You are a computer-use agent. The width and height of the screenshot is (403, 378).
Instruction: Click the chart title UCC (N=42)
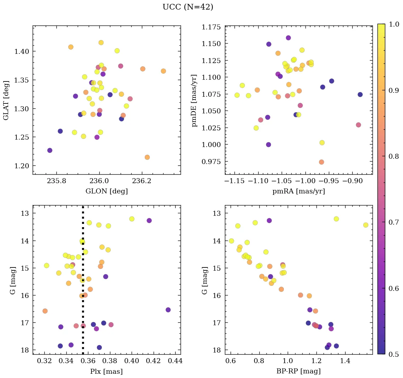click(188, 7)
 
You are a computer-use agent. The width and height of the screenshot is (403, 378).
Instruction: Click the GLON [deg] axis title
click(106, 191)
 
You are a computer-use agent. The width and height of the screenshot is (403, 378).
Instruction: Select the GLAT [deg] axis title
click(6, 100)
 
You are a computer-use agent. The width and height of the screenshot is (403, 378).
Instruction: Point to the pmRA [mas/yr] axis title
click(298, 191)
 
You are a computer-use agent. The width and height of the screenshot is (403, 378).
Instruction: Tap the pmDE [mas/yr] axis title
click(194, 100)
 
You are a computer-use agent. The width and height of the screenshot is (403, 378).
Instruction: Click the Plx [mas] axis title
click(106, 372)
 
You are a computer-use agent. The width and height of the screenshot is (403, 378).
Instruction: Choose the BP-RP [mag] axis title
click(298, 371)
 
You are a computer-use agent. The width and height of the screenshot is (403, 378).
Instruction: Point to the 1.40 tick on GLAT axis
click(22, 51)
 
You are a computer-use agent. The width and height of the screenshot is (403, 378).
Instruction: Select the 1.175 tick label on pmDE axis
click(212, 27)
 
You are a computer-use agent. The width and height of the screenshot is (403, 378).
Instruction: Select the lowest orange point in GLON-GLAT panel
click(147, 157)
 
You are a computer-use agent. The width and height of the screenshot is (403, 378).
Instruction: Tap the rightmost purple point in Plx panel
click(168, 310)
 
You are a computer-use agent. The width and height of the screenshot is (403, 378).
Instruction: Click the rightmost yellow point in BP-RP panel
click(366, 225)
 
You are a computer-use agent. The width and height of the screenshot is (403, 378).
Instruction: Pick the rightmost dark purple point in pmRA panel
click(360, 95)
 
